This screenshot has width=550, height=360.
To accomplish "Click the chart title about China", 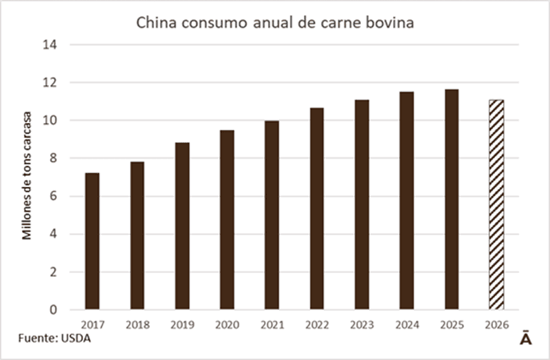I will point(275,23).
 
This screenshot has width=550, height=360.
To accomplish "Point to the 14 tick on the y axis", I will point(54,45).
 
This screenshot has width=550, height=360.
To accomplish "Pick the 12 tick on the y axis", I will point(54,82).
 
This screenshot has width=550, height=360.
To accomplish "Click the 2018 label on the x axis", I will point(137,324).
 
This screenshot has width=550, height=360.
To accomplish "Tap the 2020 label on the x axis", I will point(227,324).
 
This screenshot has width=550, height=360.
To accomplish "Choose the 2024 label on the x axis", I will point(406,324).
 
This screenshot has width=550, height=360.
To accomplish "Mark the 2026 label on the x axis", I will point(496,324).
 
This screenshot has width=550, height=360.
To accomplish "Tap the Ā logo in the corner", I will point(524,340).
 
